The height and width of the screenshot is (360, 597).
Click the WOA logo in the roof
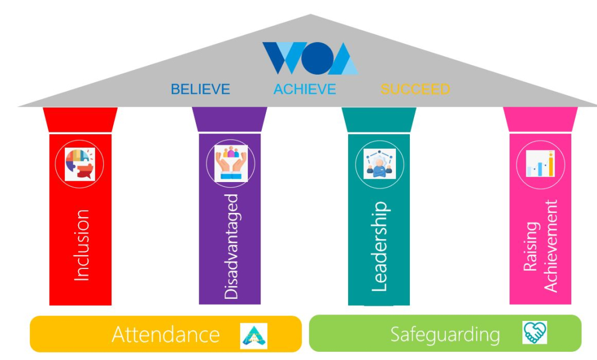310,58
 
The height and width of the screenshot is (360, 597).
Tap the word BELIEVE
200,89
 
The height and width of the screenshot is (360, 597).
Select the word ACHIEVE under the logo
305,89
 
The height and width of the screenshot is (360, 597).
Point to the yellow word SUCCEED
415,89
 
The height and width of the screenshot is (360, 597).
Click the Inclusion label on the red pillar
81,245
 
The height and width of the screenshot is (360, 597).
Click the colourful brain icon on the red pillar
80,164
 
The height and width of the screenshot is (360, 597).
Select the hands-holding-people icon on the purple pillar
230,163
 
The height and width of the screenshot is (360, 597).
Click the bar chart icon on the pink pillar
540,163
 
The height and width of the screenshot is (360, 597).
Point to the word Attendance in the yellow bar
166,335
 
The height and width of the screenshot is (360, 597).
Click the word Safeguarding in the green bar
445,335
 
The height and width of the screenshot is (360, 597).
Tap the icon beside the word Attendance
254,335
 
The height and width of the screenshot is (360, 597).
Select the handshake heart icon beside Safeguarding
535,333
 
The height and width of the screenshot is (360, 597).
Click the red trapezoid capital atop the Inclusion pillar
80,120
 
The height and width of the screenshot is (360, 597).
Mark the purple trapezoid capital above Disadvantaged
230,120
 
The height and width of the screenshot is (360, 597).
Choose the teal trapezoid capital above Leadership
379,120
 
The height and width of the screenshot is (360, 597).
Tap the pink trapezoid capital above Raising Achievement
540,120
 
